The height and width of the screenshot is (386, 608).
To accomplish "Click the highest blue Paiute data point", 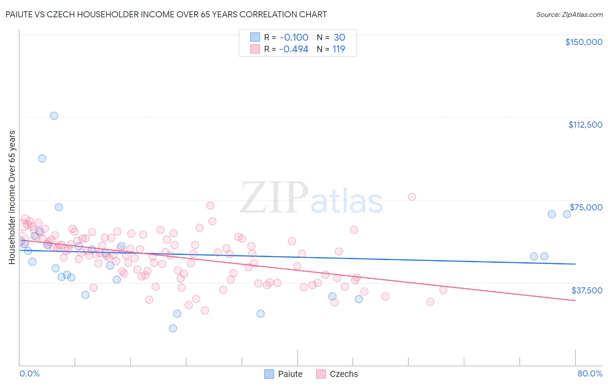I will point(54,116).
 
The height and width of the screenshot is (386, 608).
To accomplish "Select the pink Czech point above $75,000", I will point(412,197).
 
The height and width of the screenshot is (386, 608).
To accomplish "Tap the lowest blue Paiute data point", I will point(173,328).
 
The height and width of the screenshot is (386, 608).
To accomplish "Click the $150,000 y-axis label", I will point(583,42).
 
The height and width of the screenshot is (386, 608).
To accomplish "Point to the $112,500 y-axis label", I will point(585,125).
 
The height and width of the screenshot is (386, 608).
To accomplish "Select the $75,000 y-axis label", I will point(586,207).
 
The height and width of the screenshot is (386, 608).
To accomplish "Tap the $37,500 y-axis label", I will point(587,290).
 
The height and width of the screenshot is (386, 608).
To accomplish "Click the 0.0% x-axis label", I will point(29,373).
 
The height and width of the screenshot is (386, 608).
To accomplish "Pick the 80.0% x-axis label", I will point(590,373).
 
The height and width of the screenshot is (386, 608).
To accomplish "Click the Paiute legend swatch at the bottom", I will point(269,374).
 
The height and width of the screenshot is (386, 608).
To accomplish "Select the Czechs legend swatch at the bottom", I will point(321,374).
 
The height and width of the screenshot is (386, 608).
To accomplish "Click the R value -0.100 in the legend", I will point(294,38).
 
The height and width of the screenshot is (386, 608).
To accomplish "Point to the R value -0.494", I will point(294,49).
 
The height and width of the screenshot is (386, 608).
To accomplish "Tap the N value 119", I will point(339,49).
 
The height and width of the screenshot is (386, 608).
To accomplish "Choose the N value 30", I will point(339,38).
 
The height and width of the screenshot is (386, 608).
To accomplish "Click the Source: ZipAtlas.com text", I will point(569,15).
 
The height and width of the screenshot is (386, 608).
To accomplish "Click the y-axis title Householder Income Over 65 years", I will point(12,197).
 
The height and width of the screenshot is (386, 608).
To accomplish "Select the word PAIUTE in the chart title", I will point(20,15).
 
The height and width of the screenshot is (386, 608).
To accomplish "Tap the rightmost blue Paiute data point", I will point(567,214).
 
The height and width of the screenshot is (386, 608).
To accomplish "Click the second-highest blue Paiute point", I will point(42,158).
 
